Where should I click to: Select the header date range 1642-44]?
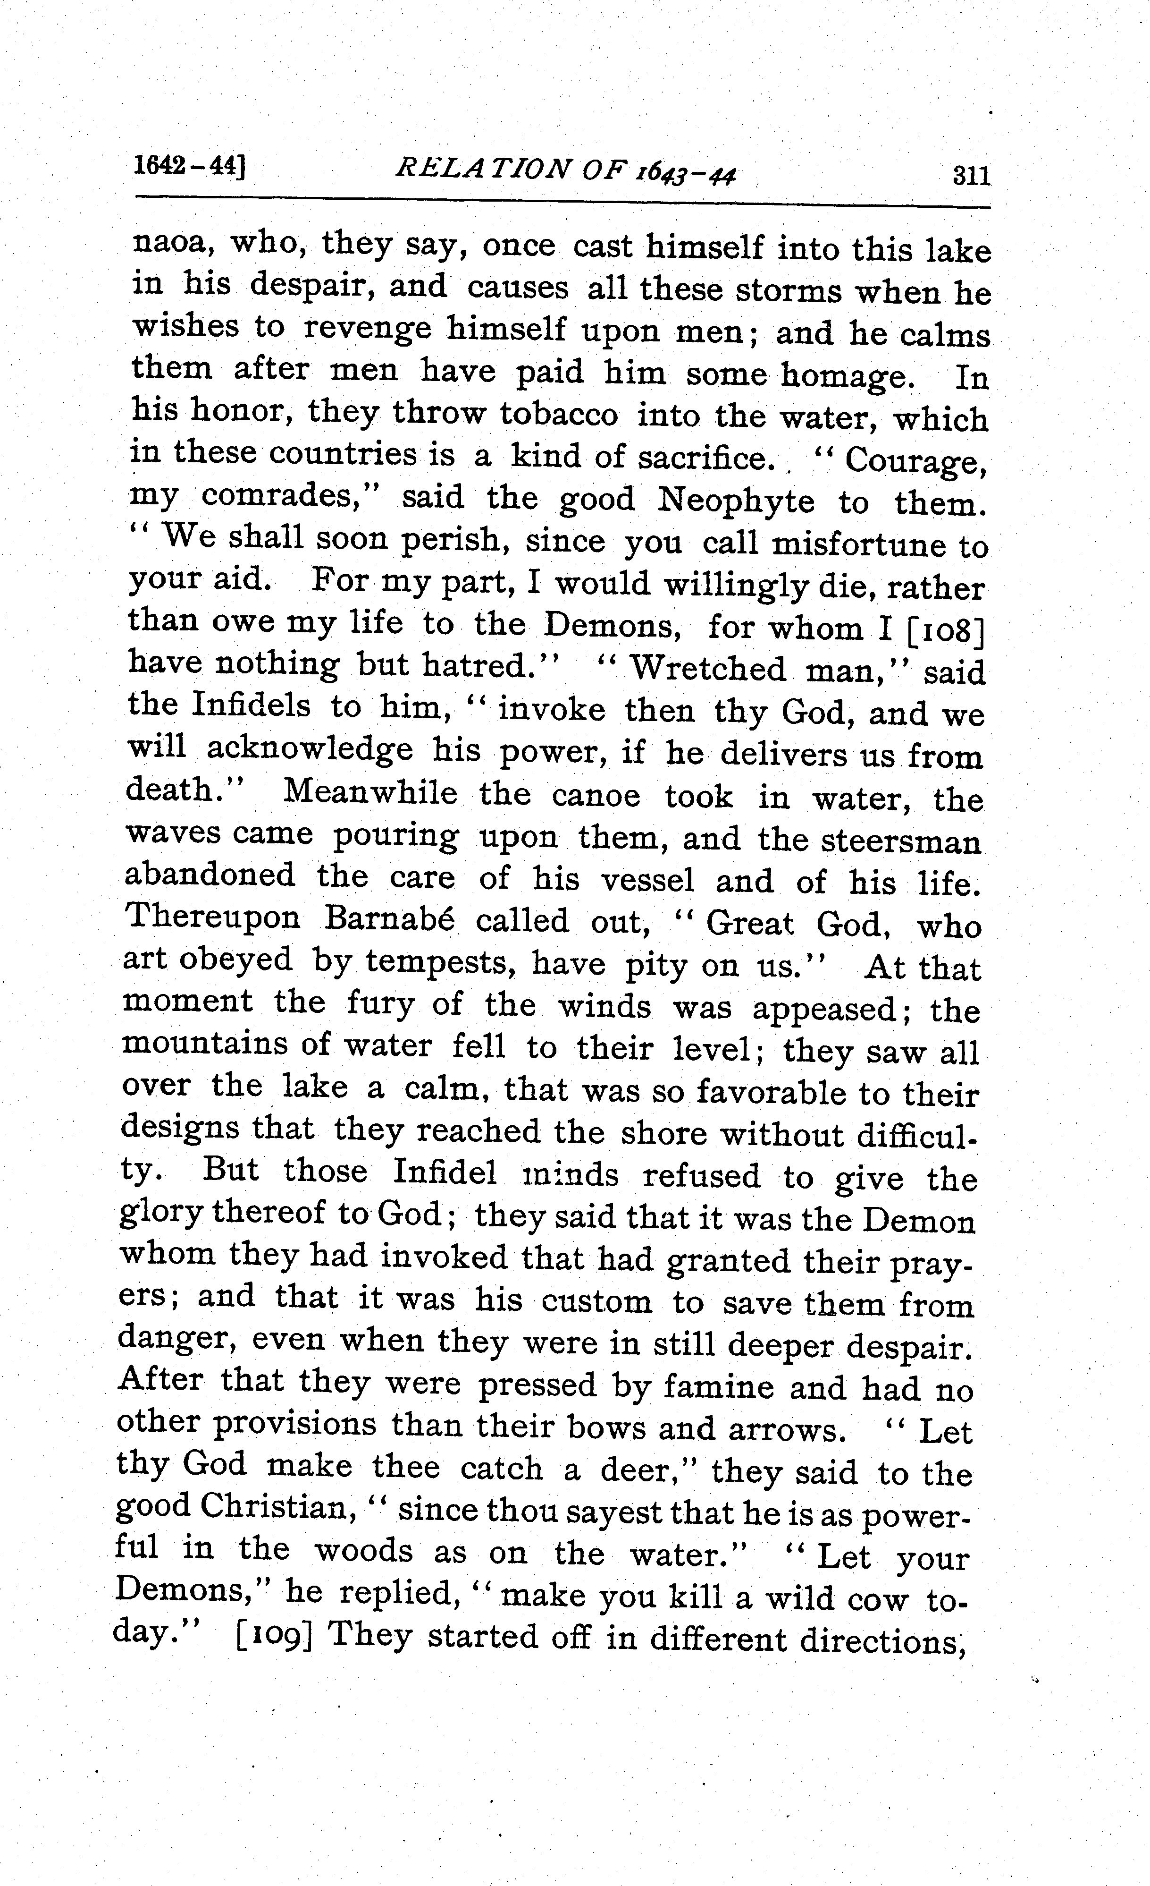(x=188, y=166)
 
